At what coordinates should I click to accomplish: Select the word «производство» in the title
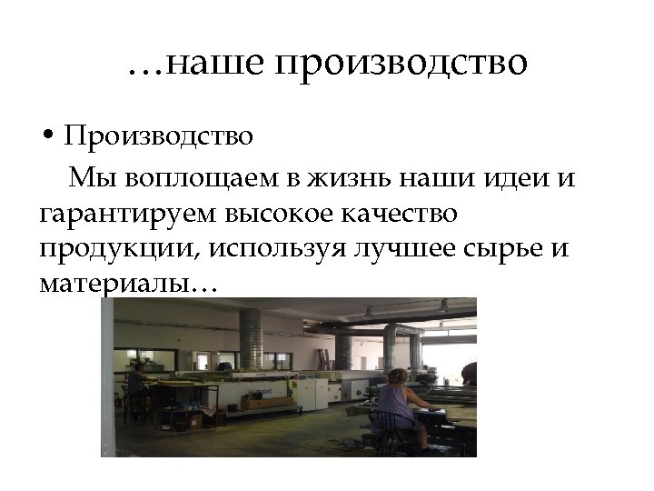399,64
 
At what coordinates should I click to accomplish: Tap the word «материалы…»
128,286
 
